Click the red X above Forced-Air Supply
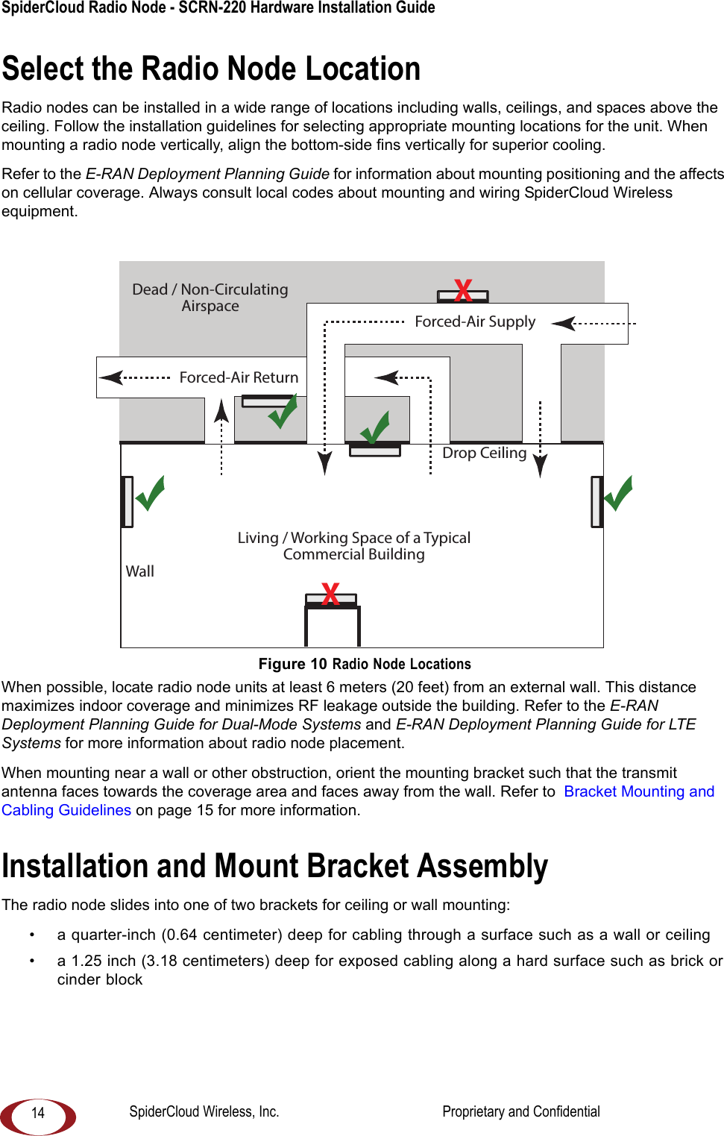click(463, 289)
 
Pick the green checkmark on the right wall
click(618, 493)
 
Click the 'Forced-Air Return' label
click(239, 377)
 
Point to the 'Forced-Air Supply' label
click(475, 321)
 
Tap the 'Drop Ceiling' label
click(484, 453)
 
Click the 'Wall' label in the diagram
click(140, 571)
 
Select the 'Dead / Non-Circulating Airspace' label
click(210, 298)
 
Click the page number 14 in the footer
click(38, 1113)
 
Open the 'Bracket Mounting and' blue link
click(639, 791)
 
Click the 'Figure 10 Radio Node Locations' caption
click(365, 664)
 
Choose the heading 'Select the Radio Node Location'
click(212, 69)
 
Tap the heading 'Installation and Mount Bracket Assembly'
click(275, 866)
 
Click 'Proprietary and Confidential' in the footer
click(520, 1111)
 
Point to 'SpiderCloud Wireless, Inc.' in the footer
click(204, 1111)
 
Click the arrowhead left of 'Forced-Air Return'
click(111, 377)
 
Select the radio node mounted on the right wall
click(596, 502)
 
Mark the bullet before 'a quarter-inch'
click(32, 935)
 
